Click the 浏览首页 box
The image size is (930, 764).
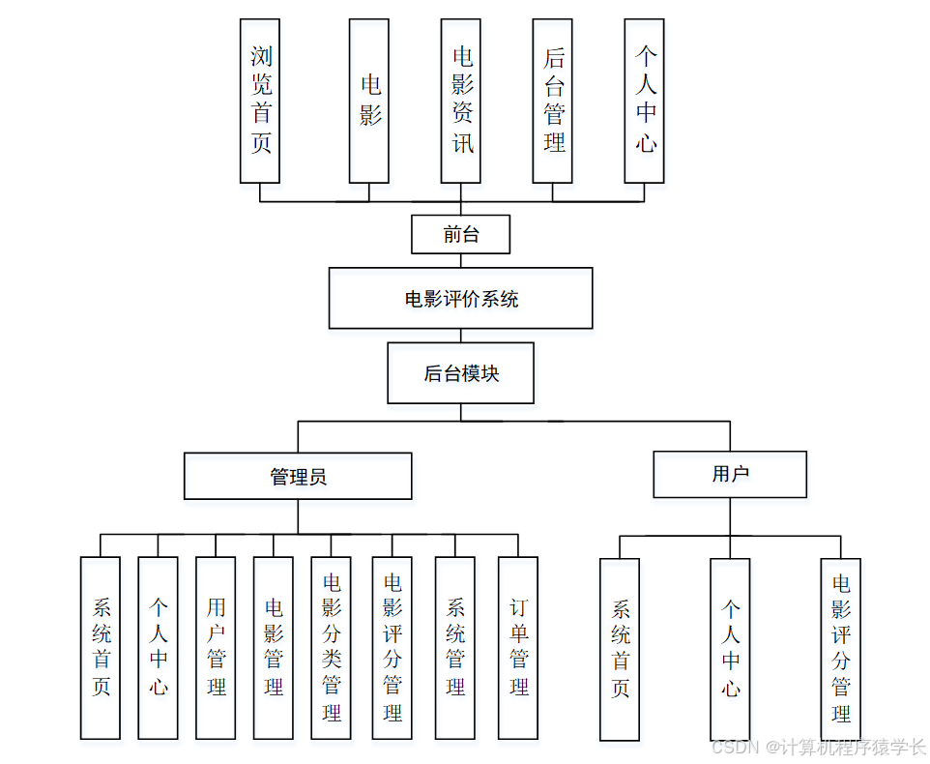pyautogui.click(x=260, y=101)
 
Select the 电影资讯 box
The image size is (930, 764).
pyautogui.click(x=461, y=101)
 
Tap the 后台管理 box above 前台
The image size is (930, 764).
pyautogui.click(x=553, y=101)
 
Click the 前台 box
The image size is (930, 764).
pyautogui.click(x=461, y=234)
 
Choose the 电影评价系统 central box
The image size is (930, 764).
pyautogui.click(x=461, y=299)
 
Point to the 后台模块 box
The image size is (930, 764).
pyautogui.click(x=461, y=373)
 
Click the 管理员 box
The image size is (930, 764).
pyautogui.click(x=298, y=476)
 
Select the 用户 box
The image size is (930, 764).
pyautogui.click(x=730, y=474)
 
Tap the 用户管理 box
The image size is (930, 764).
pyautogui.click(x=216, y=647)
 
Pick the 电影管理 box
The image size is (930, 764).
pyautogui.click(x=274, y=647)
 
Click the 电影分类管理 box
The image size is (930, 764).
pyautogui.click(x=332, y=647)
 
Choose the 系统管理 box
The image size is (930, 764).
pyautogui.click(x=455, y=647)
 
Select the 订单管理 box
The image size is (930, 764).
pyautogui.click(x=518, y=647)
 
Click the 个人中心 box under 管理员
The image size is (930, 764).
pyautogui.click(x=159, y=647)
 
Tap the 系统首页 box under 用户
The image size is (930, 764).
pyautogui.click(x=620, y=649)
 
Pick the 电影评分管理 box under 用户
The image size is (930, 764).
pyautogui.click(x=841, y=649)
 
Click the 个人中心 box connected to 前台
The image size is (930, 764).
pyautogui.click(x=645, y=101)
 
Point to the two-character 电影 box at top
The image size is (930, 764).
pyautogui.click(x=369, y=101)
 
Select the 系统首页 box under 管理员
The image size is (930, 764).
pyautogui.click(x=101, y=647)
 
